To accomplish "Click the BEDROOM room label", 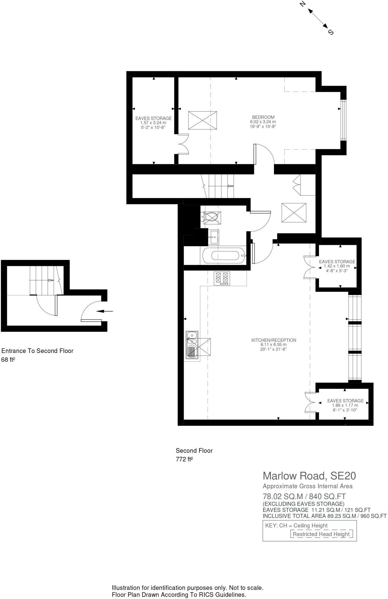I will (263, 117).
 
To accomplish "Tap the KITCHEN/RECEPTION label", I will (274, 340).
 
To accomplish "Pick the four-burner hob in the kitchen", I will (222, 278).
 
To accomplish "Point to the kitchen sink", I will (192, 345).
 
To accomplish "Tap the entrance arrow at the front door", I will (104, 311).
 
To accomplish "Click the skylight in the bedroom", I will (202, 120).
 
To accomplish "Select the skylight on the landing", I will (294, 213).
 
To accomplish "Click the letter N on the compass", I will (303, 4).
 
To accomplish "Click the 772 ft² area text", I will (184, 459).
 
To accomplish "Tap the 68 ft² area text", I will (8, 360).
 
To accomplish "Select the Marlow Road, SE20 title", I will (309, 476).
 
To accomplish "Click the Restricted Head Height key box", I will (321, 534).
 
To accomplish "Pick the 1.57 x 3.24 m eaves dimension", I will (153, 123).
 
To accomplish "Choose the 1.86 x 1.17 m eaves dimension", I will (345, 405).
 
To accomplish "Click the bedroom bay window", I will (343, 120).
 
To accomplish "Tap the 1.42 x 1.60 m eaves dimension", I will (337, 266).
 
